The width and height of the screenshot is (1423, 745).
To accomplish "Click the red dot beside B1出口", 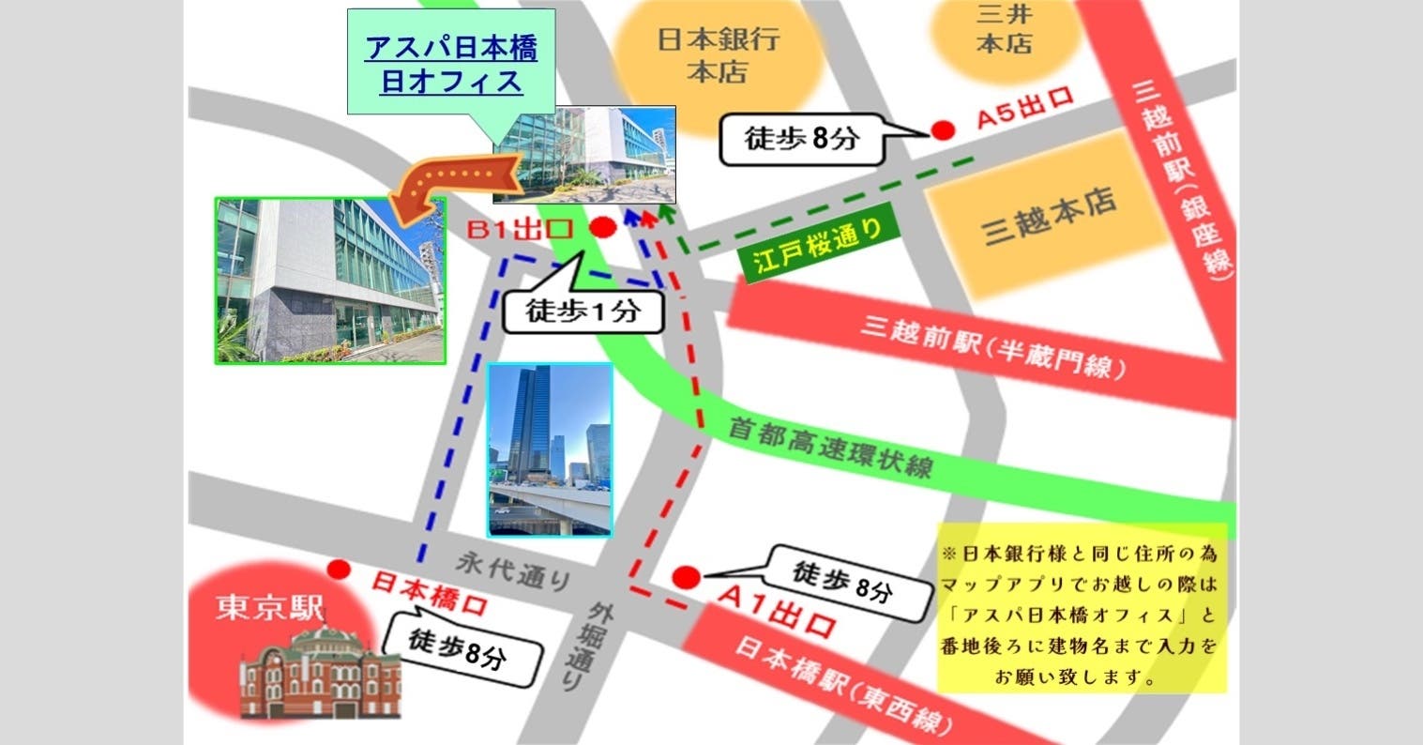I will tap(602, 226).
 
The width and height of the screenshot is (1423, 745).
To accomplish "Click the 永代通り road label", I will tap(514, 570).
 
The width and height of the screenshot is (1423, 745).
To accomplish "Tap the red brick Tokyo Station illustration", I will tap(320, 671).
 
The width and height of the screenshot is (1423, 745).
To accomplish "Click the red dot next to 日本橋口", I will tap(340, 569).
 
